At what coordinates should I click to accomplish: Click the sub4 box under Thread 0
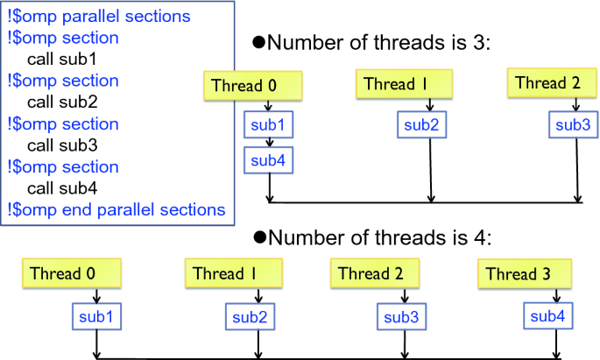[269, 160]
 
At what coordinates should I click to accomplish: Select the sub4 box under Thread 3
[548, 316]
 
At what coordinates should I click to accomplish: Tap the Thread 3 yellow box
[525, 273]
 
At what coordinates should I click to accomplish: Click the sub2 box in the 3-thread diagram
[421, 124]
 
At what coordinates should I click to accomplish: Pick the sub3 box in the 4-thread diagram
[401, 317]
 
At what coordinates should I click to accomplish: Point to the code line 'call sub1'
[62, 59]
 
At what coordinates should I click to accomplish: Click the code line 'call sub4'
[62, 188]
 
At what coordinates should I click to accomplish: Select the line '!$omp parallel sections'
[99, 17]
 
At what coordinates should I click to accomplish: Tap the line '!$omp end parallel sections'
[116, 210]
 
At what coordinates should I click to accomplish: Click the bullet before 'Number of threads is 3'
[259, 42]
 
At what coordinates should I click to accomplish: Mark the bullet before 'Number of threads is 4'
[259, 237]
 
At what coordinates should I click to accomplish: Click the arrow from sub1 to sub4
[270, 142]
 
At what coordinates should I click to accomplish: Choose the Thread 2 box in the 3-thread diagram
[552, 82]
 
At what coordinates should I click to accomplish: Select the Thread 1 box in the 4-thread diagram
[233, 273]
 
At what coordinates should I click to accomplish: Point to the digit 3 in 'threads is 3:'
[479, 42]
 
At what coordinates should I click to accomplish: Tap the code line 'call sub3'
[62, 145]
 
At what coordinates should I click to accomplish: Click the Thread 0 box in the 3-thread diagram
[253, 86]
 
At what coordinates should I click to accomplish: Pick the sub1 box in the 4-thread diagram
[97, 316]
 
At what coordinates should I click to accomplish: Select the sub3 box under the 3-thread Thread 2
[573, 124]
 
